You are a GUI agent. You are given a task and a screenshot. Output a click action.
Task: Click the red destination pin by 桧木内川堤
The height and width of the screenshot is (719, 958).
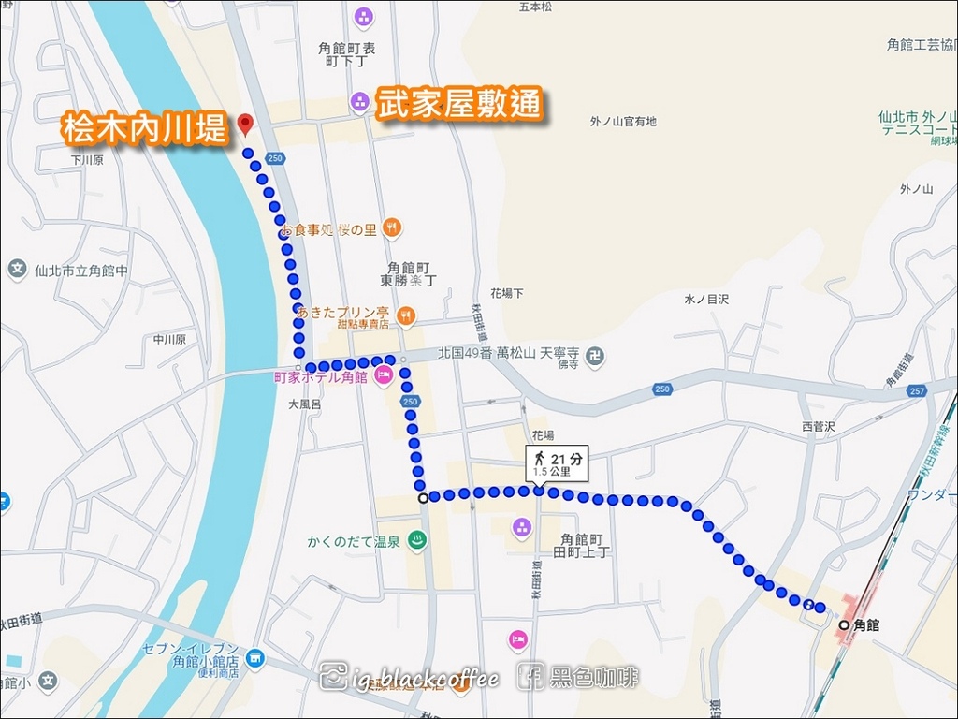[245, 124]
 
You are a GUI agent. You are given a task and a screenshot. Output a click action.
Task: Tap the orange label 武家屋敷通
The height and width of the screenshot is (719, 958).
[458, 103]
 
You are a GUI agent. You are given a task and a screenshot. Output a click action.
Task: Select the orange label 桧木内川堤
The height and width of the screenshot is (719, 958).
[145, 128]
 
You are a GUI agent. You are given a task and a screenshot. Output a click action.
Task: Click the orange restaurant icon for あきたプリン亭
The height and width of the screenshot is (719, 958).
[405, 315]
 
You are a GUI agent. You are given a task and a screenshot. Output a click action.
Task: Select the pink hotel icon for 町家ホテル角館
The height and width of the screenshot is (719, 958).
[383, 376]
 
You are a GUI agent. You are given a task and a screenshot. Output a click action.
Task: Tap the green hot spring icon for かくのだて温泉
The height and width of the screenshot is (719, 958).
[417, 540]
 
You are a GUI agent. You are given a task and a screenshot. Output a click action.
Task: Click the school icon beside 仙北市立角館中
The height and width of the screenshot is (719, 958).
[17, 271]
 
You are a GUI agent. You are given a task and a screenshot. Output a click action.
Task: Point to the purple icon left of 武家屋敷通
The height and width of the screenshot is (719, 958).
[359, 101]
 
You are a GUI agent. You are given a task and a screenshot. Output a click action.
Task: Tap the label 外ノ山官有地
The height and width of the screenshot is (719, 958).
[623, 122]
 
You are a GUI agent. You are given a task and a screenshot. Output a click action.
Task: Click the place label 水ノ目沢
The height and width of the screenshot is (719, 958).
[706, 300]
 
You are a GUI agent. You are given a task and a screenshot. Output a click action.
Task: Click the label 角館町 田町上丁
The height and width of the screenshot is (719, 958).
[585, 546]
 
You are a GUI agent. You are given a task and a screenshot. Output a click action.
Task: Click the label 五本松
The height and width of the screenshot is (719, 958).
[537, 7]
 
